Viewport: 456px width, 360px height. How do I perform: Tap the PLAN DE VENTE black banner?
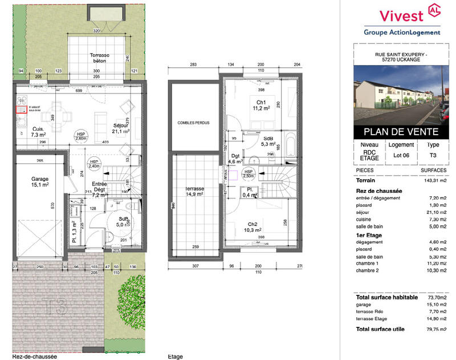pos(397,132)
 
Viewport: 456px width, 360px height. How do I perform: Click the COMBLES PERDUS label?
pos(194,122)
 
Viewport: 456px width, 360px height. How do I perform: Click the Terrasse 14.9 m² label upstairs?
pos(194,191)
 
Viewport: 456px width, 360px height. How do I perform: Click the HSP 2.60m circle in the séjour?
pos(81,135)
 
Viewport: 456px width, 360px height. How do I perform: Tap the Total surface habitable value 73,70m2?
pos(434,297)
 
